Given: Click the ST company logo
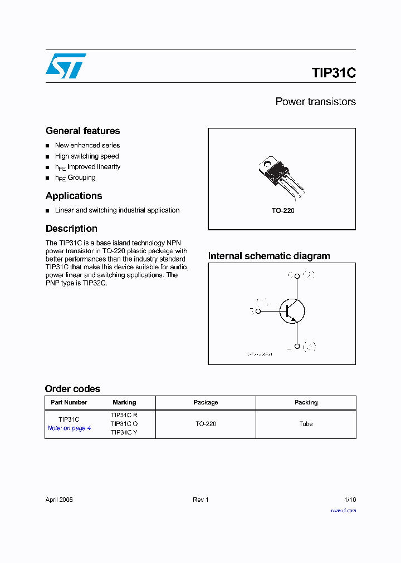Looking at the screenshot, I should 66,66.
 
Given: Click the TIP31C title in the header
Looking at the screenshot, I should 333,73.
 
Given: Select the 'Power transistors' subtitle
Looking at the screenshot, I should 315,102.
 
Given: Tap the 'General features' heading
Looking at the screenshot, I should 82,131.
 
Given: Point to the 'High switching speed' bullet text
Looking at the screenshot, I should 87,156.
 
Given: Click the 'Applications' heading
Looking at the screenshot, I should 74,196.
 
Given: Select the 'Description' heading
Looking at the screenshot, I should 71,229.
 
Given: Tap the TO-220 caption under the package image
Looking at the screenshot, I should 283,211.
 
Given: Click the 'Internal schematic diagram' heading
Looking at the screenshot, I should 269,256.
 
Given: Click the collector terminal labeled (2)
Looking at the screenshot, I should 297,275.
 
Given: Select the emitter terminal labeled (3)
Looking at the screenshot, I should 297,346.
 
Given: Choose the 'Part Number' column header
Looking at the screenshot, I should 69,402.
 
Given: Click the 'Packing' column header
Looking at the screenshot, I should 306,402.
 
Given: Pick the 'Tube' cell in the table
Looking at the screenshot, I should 306,424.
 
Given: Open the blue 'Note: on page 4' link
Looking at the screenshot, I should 69,428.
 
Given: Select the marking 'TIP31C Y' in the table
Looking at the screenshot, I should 124,432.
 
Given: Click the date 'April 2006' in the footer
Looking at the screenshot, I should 59,500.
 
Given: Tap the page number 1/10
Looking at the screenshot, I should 349,500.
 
